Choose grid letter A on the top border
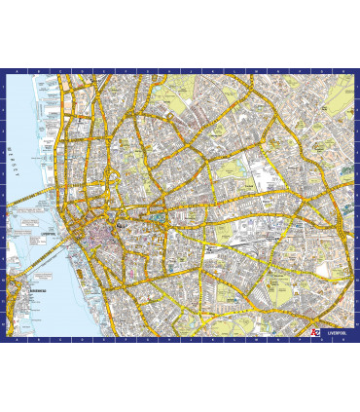tap(18, 72)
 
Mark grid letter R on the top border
tap(341, 72)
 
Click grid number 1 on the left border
tap(4, 87)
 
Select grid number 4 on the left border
tap(4, 152)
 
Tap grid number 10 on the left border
tap(4, 281)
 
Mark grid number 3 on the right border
tap(356, 130)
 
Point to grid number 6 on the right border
tap(356, 195)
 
